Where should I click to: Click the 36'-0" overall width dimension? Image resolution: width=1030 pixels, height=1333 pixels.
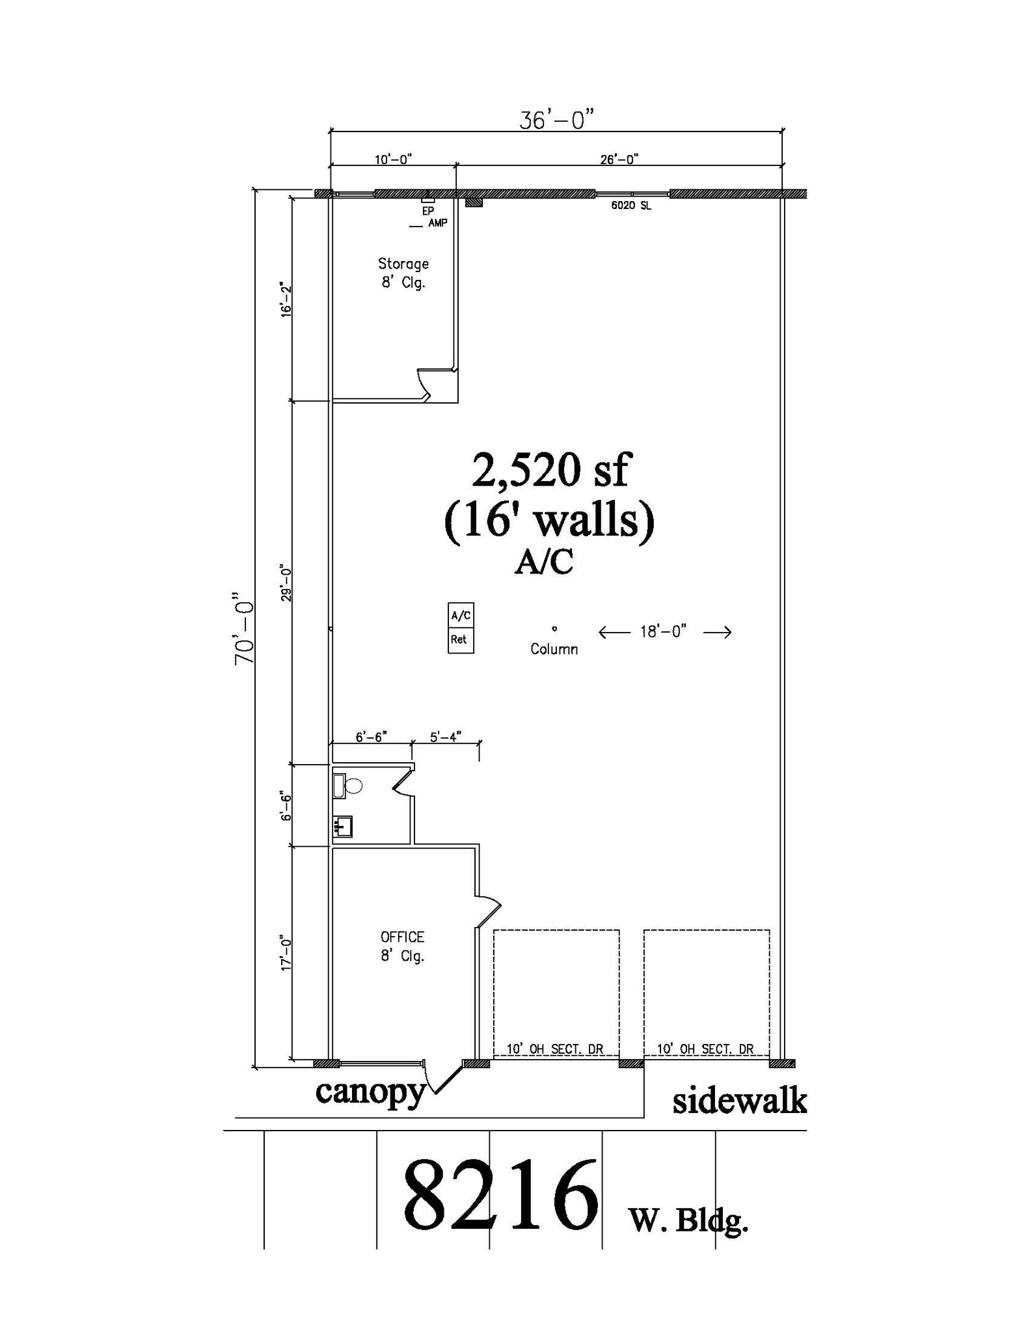pos(556,120)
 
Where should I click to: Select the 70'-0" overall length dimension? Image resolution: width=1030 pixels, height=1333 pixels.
pos(244,628)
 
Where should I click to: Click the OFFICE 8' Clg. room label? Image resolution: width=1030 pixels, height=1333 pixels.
pos(402,946)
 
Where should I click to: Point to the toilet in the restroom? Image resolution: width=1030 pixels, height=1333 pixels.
pos(352,786)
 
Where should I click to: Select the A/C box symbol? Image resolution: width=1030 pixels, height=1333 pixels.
pos(461,615)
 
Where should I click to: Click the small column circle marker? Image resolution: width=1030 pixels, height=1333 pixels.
pos(554,629)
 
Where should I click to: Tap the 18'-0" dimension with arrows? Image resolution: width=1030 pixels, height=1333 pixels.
pos(664,632)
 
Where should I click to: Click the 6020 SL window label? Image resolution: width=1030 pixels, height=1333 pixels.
pos(630,206)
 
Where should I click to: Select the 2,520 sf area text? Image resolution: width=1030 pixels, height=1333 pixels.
pos(550,471)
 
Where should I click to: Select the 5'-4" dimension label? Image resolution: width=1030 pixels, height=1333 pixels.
pos(446,736)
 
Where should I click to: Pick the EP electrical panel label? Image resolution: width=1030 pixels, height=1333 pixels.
pos(427,211)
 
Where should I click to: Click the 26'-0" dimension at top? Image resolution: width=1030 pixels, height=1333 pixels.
pos(619,159)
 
